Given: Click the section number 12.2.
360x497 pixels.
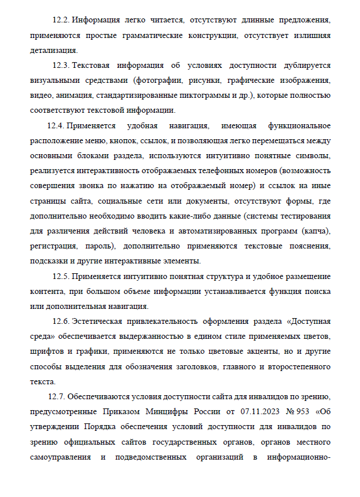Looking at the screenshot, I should [x=60, y=21].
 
